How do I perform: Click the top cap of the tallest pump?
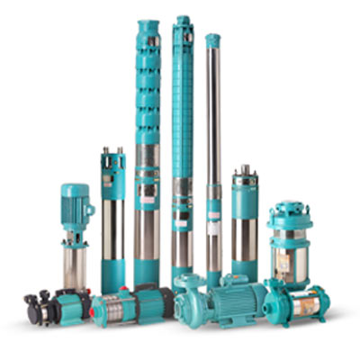(183, 21)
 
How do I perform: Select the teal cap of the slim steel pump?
(212, 41)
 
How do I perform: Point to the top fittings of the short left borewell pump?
(113, 157)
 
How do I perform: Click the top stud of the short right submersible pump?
(244, 168)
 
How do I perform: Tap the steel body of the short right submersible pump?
(244, 238)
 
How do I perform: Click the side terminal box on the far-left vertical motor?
(89, 209)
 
